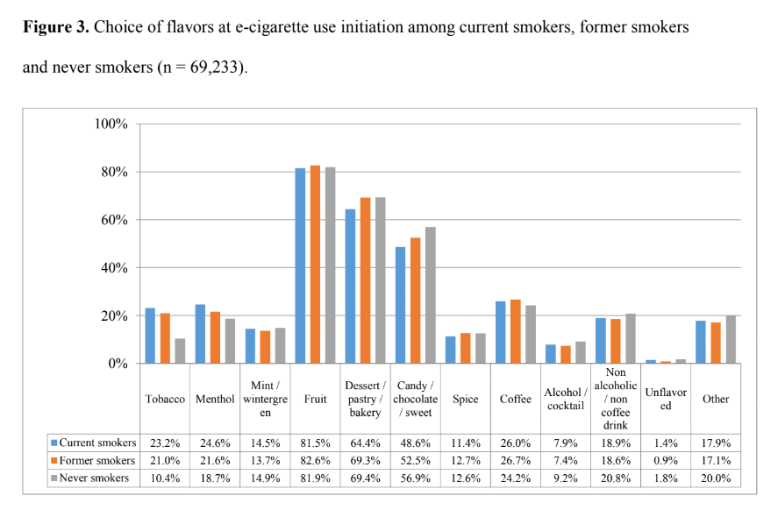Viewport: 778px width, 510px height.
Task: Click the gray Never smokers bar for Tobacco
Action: [x=181, y=351]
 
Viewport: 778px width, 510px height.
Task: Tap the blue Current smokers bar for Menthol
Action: [x=200, y=334]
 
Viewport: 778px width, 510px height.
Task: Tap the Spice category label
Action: [x=465, y=399]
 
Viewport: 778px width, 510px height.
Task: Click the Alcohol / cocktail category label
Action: [x=565, y=399]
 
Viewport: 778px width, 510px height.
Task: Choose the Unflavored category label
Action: [x=666, y=399]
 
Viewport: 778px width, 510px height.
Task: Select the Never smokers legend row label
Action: [x=97, y=478]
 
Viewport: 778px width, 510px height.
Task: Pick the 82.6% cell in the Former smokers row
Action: [x=315, y=461]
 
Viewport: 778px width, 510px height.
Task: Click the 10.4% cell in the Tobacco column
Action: [x=165, y=478]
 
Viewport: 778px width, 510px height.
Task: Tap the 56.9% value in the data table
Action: [x=415, y=478]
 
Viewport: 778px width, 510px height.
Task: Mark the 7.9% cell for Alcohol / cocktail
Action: [x=565, y=443]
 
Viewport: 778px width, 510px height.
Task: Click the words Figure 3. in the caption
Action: [x=55, y=27]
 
